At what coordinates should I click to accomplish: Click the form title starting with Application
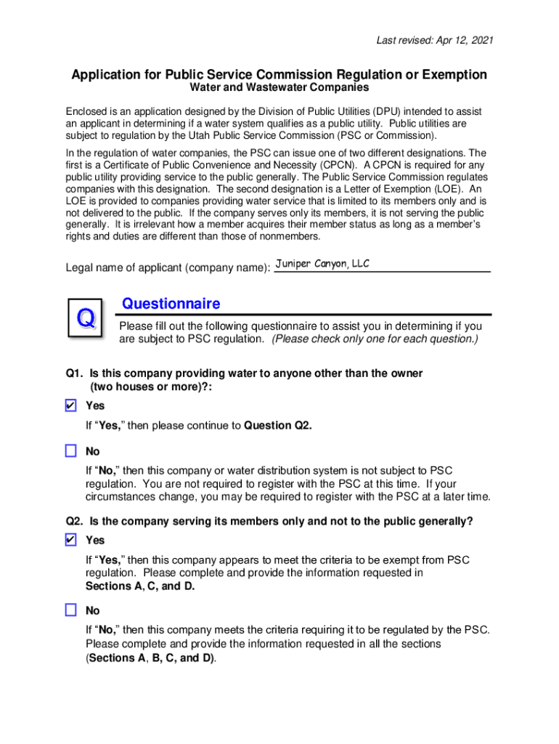point(279,75)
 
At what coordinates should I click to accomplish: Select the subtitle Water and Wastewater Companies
point(279,88)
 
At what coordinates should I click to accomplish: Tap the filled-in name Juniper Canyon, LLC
point(322,264)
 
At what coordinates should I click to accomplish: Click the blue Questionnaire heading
point(171,303)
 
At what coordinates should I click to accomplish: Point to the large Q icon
point(86,318)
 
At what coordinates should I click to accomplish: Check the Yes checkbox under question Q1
point(70,405)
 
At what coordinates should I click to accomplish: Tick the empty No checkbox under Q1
point(70,451)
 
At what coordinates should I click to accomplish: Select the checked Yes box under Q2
point(70,540)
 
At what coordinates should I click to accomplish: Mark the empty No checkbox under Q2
point(70,610)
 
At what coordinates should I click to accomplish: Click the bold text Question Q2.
point(278,425)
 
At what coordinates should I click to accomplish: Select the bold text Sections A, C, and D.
point(140,586)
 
